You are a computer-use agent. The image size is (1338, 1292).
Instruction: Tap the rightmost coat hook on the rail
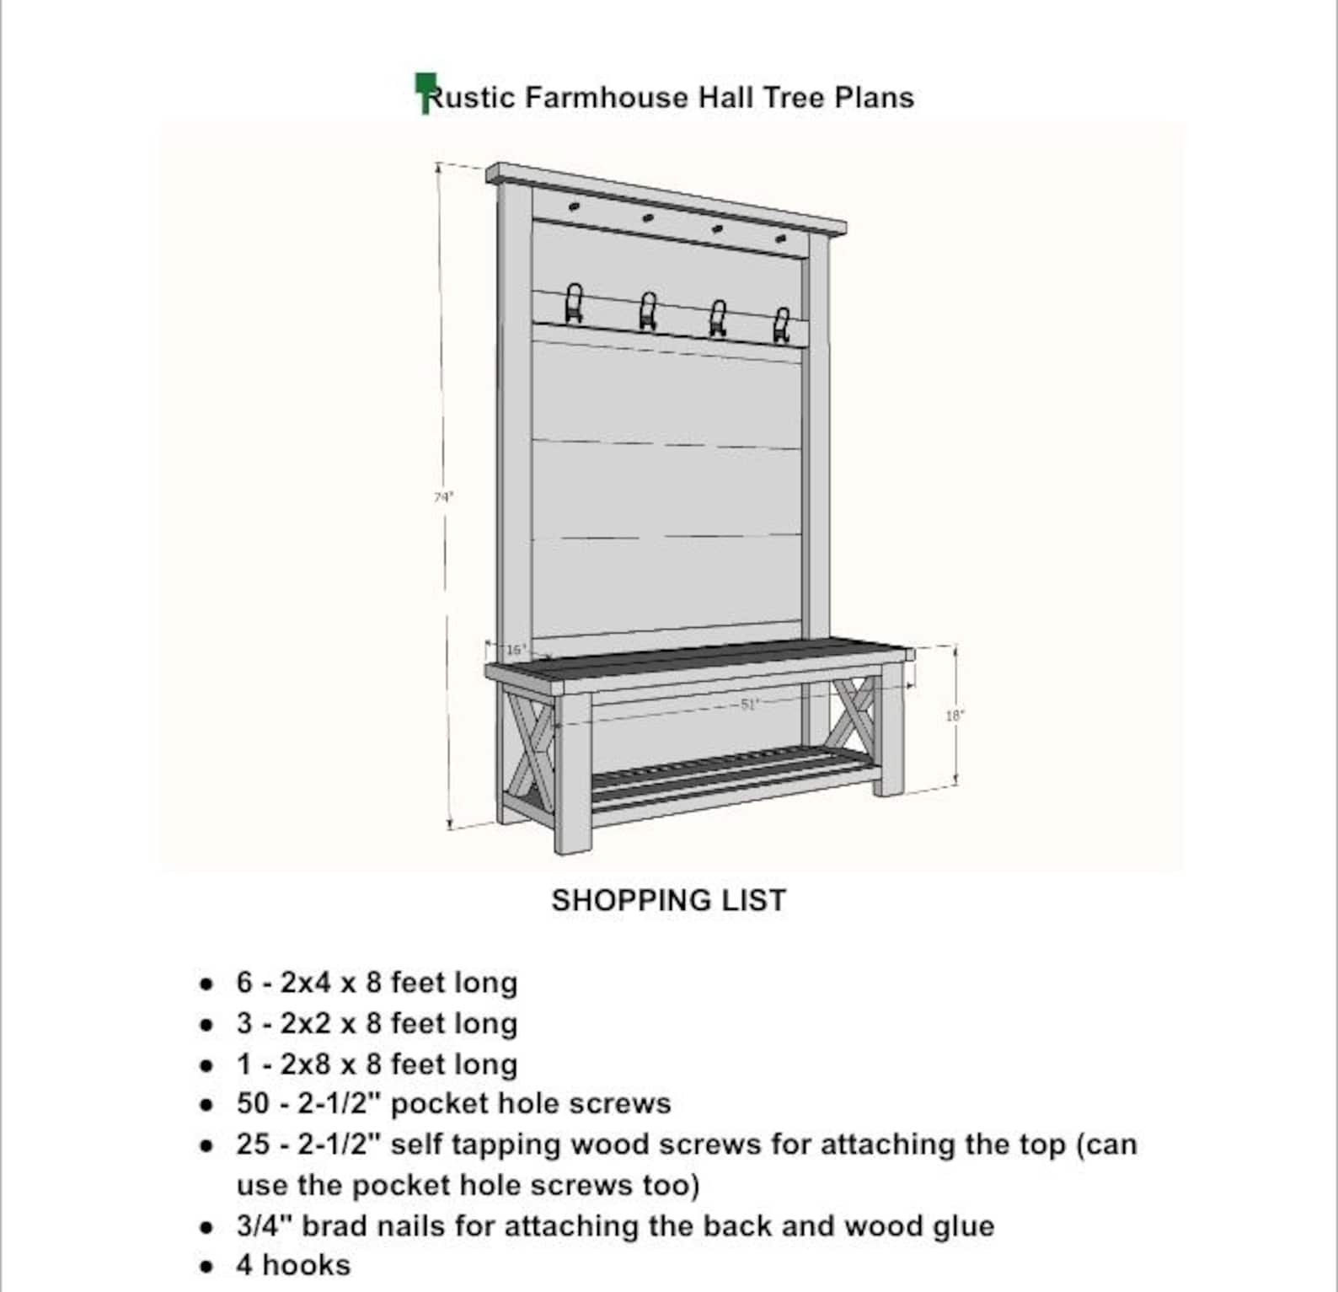coord(781,324)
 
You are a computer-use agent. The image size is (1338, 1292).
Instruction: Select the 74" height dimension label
coord(443,497)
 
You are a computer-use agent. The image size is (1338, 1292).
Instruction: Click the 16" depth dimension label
coord(516,650)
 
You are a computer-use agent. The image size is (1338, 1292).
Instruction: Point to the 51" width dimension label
coord(749,705)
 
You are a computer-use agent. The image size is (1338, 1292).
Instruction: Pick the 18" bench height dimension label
coord(954,716)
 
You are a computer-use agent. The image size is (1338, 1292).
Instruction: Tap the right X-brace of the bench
coord(855,712)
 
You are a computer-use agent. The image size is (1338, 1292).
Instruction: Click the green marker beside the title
coord(425,91)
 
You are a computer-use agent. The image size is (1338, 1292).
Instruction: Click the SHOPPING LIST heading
coord(668,900)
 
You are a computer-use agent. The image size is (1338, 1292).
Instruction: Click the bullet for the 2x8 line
coord(206,1065)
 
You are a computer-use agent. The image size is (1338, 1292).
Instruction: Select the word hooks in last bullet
coord(307,1265)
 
